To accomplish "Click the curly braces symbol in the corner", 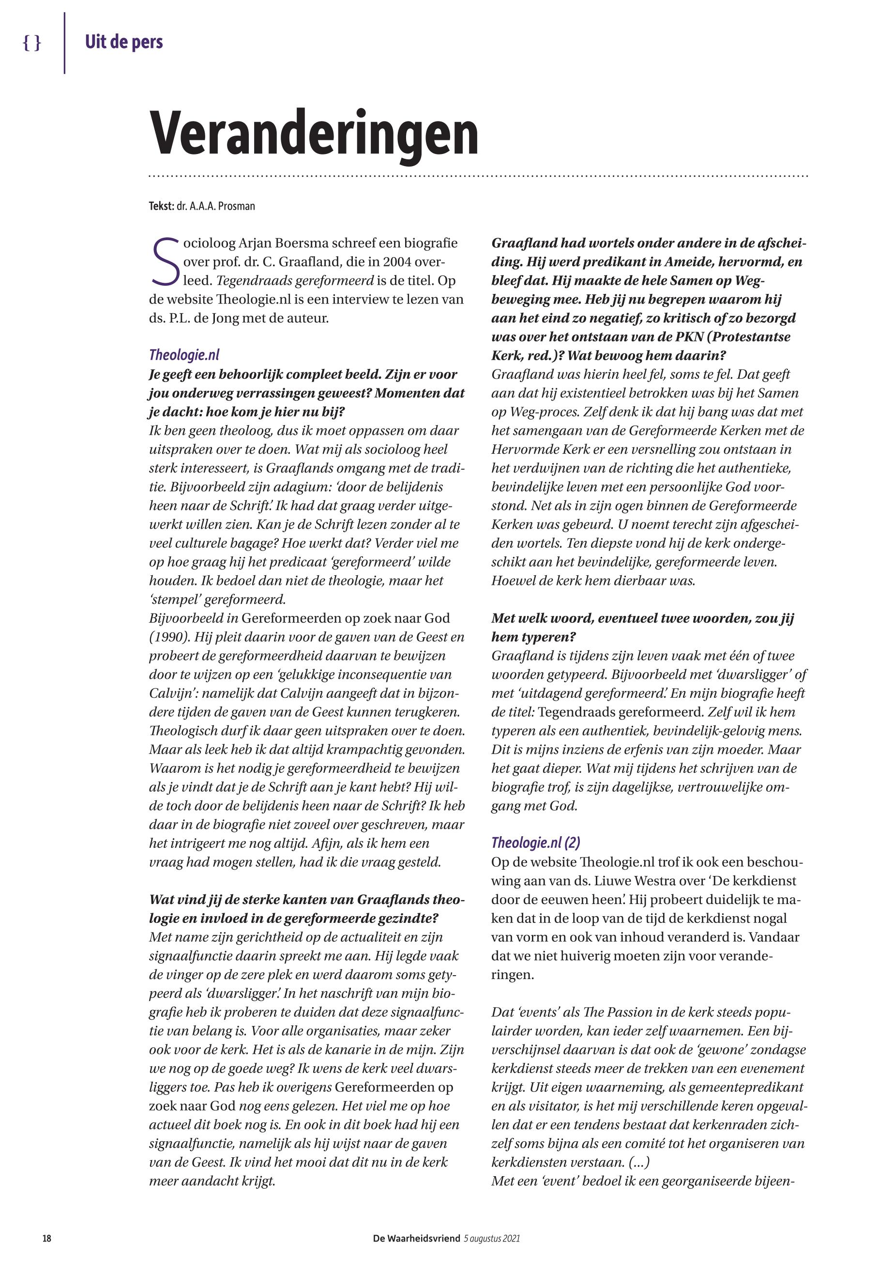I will [x=32, y=43].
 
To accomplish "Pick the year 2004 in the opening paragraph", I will [x=401, y=261].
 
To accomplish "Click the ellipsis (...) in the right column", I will [x=639, y=1162].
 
